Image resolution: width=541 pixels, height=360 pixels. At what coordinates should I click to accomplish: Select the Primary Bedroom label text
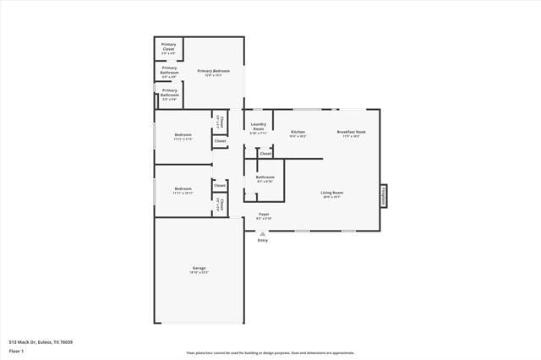214,71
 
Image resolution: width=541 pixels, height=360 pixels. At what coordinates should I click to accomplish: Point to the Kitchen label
298,131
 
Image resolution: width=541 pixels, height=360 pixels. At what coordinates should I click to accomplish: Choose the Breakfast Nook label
351,131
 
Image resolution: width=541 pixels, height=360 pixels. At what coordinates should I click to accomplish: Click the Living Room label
331,193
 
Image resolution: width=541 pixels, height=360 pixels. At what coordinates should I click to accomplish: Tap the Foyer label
264,215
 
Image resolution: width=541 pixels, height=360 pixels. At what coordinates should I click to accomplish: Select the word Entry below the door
263,241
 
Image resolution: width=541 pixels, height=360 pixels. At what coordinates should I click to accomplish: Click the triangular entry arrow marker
263,233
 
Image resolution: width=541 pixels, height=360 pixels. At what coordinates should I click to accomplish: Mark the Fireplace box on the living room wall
383,196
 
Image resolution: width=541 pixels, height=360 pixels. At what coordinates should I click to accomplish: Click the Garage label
199,268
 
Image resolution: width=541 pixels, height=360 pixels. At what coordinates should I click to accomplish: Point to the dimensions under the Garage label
199,272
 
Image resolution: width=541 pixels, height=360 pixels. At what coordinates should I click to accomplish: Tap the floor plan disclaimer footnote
270,353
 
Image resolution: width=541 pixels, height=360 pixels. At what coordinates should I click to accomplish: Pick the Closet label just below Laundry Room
265,154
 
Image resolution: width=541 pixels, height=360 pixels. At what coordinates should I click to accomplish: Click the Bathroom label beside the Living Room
265,177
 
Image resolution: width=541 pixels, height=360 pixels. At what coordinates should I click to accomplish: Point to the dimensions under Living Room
331,197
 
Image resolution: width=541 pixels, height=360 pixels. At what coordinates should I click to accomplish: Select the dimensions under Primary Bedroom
214,75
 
